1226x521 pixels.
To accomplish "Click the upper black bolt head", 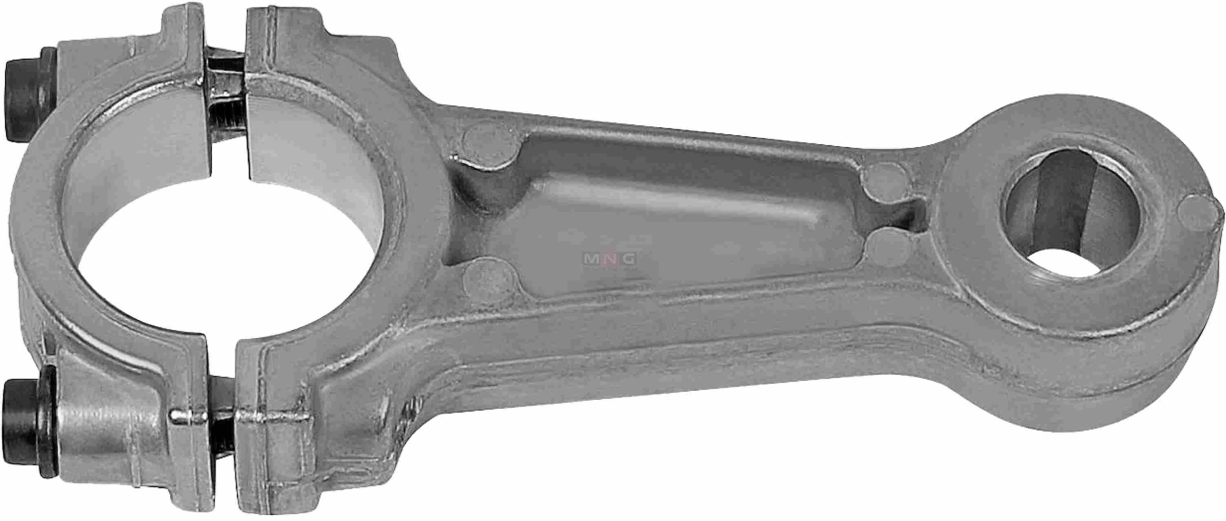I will (x=29, y=94).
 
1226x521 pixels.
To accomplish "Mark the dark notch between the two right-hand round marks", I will (x=907, y=219).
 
